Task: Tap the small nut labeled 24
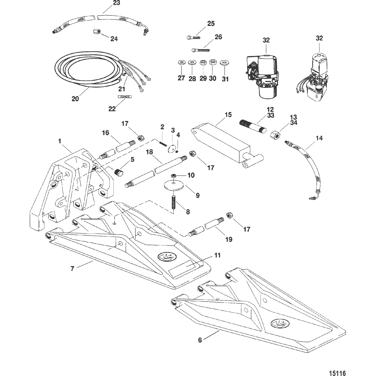point(97,32)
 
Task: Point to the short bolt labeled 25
point(193,37)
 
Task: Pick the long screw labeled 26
point(201,50)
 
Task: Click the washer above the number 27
point(182,63)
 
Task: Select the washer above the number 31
point(224,63)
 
